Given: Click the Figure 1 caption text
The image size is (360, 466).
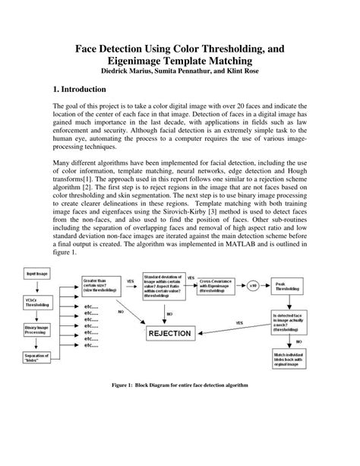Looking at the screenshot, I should click(180, 405).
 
